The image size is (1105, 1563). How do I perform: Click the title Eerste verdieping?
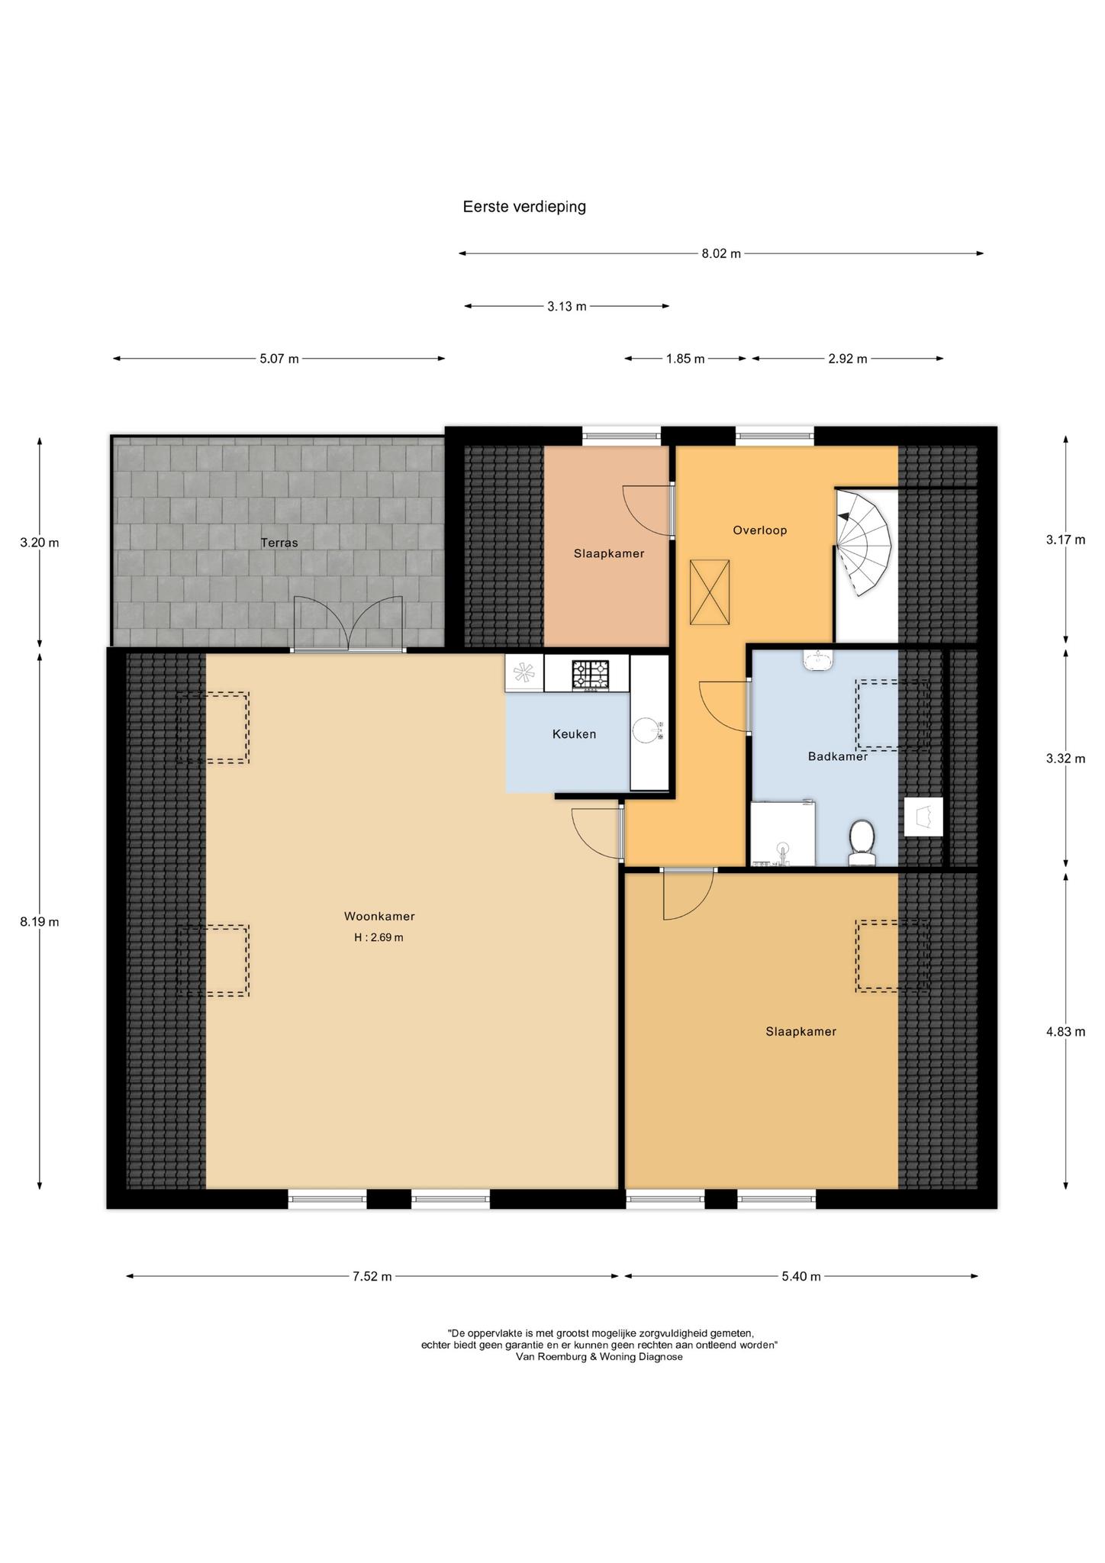click(x=524, y=207)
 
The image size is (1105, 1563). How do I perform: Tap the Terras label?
click(x=279, y=543)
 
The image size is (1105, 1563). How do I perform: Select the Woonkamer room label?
click(x=379, y=917)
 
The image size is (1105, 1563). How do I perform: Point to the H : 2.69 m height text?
click(x=379, y=937)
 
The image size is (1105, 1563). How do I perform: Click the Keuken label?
click(x=574, y=734)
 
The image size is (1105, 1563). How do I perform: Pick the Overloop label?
click(x=760, y=530)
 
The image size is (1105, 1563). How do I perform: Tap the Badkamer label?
click(x=838, y=756)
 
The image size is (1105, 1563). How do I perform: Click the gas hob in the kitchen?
click(x=591, y=675)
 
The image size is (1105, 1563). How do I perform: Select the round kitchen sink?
click(x=648, y=730)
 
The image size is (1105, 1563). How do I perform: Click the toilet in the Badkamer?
click(x=862, y=843)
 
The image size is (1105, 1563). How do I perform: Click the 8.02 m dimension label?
click(x=721, y=253)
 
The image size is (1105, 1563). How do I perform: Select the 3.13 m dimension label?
click(x=567, y=306)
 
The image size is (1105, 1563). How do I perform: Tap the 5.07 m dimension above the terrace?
click(x=279, y=359)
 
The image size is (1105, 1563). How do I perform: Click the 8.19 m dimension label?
click(x=40, y=921)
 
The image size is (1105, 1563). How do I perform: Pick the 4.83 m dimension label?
click(x=1065, y=1031)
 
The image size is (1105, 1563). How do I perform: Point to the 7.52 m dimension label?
click(x=372, y=1276)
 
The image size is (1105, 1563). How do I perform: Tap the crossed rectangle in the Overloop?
click(x=710, y=592)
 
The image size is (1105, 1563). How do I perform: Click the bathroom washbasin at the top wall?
click(x=818, y=659)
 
